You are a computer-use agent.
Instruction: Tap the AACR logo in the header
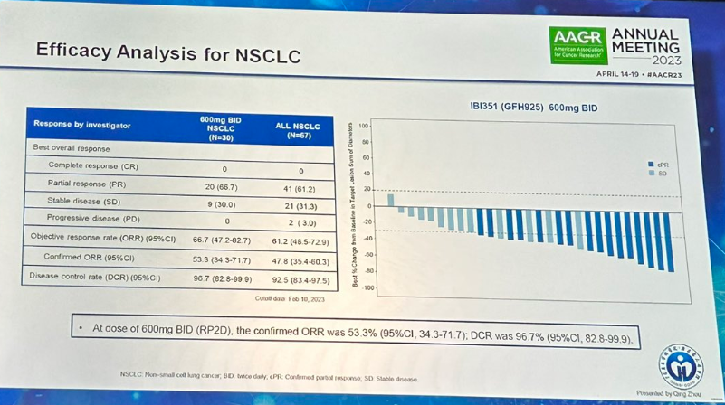coord(577,42)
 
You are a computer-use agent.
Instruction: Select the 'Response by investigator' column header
coord(82,124)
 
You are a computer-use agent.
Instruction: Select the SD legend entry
coord(658,173)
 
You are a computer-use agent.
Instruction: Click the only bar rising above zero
coord(390,200)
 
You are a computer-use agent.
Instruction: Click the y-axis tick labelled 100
coord(364,125)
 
